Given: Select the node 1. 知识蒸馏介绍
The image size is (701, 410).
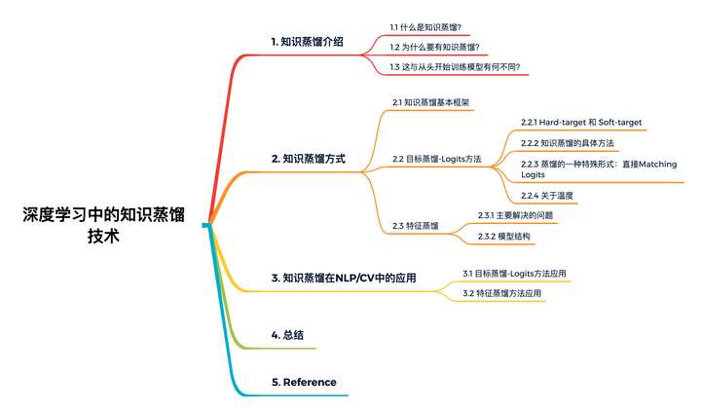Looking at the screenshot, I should tap(306, 42).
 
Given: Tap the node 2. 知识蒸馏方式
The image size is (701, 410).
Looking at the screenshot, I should tap(308, 158).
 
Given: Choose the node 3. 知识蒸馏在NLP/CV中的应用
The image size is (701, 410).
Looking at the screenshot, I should tap(344, 278).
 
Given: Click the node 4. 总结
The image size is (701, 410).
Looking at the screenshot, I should tap(287, 334).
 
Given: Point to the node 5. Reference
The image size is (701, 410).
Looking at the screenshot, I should tap(304, 382).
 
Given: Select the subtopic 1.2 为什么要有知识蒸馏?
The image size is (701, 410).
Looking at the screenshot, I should tap(434, 47).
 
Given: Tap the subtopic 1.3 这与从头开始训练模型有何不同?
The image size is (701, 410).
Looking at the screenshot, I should tap(455, 67).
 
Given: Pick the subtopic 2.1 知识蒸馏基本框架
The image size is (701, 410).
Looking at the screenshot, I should tap(432, 101).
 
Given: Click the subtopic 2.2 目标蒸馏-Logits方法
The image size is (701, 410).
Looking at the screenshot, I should tap(436, 158).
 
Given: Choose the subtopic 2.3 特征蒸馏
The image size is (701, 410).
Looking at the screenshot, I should tap(415, 225).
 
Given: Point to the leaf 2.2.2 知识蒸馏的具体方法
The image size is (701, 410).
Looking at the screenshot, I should tap(567, 143).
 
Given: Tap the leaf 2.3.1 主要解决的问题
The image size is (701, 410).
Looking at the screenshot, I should tap(515, 214).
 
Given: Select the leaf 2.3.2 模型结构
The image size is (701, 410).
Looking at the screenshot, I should tap(504, 237).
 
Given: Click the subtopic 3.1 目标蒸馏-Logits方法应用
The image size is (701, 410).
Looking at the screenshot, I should tap(514, 273).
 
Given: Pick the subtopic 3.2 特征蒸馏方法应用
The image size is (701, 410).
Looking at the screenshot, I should tap(502, 293).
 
